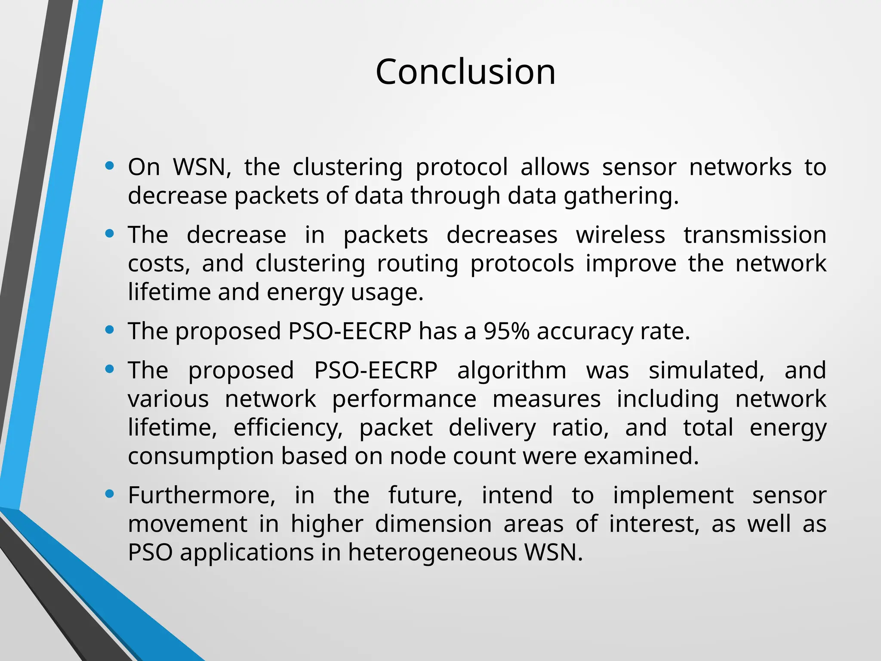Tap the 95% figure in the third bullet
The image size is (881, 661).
pyautogui.click(x=506, y=331)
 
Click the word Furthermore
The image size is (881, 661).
pyautogui.click(x=201, y=495)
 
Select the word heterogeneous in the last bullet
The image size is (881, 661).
pyautogui.click(x=433, y=552)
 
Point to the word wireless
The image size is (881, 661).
pyautogui.click(x=620, y=235)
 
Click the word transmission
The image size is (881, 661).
pyautogui.click(x=755, y=235)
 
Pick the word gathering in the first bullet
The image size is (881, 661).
pyautogui.click(x=621, y=196)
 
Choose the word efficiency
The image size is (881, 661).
pyautogui.click(x=288, y=428)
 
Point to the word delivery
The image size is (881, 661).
pyautogui.click(x=492, y=428)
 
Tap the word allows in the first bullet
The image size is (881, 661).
pyautogui.click(x=555, y=167)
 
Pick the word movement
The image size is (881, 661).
pyautogui.click(x=188, y=524)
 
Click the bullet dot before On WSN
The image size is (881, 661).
pyautogui.click(x=110, y=166)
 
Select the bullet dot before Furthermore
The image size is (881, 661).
pyautogui.click(x=110, y=494)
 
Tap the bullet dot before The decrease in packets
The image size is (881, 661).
pyautogui.click(x=110, y=234)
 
